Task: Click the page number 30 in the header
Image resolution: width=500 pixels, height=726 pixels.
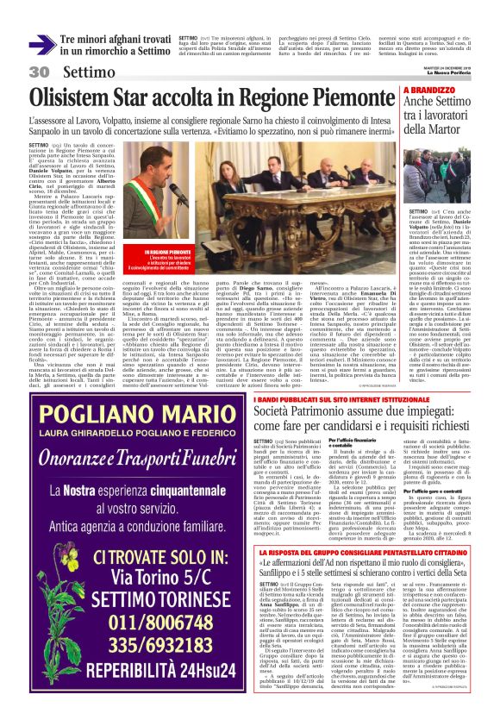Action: point(38,72)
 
